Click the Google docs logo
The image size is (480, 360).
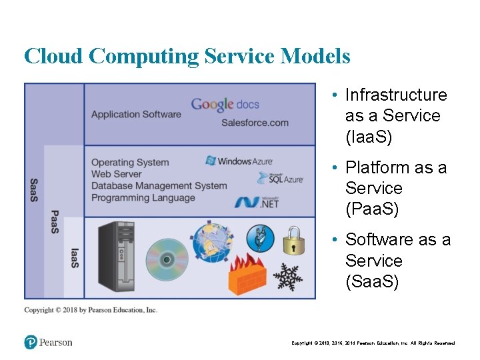pyautogui.click(x=225, y=104)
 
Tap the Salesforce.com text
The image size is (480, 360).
pyautogui.click(x=255, y=122)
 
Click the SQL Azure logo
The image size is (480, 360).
pyautogui.click(x=281, y=178)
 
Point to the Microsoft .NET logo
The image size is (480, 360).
pyautogui.click(x=257, y=201)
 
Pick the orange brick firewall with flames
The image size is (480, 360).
pyautogui.click(x=247, y=273)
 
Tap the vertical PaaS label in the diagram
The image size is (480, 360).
pyautogui.click(x=54, y=222)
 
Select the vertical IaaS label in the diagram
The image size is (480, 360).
pyautogui.click(x=75, y=258)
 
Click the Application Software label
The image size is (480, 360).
pyautogui.click(x=136, y=114)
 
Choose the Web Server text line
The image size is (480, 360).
pyautogui.click(x=117, y=174)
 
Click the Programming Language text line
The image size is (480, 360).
pyautogui.click(x=143, y=197)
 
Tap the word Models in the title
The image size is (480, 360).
pyautogui.click(x=315, y=56)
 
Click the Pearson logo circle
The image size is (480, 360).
pyautogui.click(x=31, y=342)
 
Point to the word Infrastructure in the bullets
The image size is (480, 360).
pyautogui.click(x=396, y=95)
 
